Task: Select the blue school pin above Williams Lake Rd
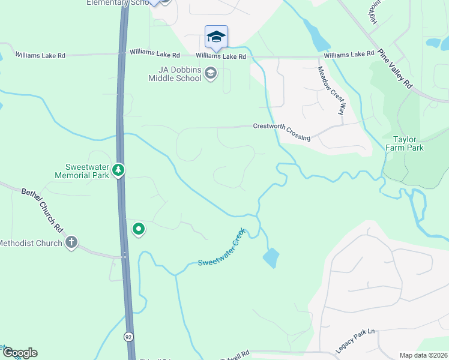pyautogui.click(x=216, y=37)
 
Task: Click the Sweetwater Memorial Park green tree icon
pyautogui.click(x=119, y=170)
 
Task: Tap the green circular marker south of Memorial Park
pyautogui.click(x=139, y=229)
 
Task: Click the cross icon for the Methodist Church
pyautogui.click(x=71, y=242)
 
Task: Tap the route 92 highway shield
pyautogui.click(x=129, y=337)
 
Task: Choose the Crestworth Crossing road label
pyautogui.click(x=282, y=132)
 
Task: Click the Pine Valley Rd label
pyautogui.click(x=397, y=70)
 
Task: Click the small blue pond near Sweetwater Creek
pyautogui.click(x=270, y=258)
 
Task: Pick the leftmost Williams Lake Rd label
pyautogui.click(x=40, y=55)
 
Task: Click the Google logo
pyautogui.click(x=19, y=353)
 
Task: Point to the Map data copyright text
pyautogui.click(x=423, y=355)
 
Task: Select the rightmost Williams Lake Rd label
pyautogui.click(x=349, y=55)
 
